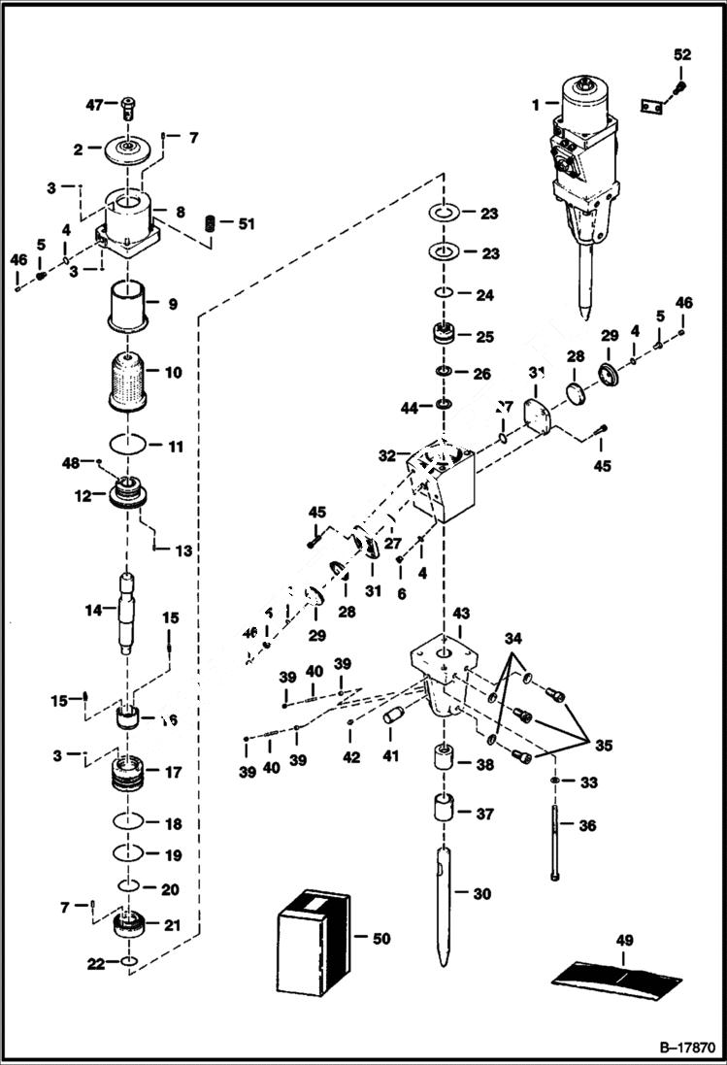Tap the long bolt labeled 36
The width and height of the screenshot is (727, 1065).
pyautogui.click(x=554, y=833)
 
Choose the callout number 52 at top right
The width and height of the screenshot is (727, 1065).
pyautogui.click(x=682, y=54)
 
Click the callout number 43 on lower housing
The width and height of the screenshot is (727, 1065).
pyautogui.click(x=461, y=614)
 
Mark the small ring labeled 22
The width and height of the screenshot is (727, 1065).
pyautogui.click(x=130, y=962)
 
